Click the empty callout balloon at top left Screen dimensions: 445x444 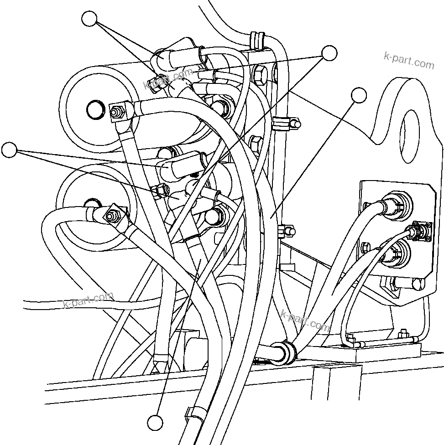tap(89, 19)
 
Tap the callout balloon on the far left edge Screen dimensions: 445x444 tap(9, 150)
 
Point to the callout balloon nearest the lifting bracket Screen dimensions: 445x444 tap(359, 95)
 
